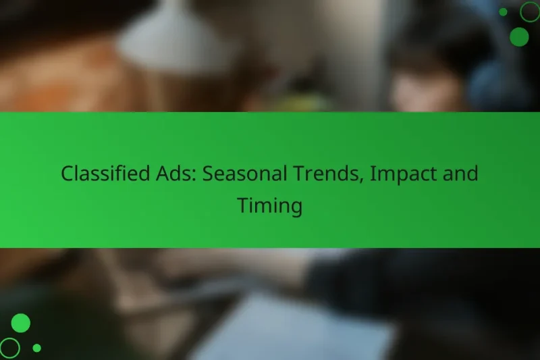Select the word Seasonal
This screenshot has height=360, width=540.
point(245,174)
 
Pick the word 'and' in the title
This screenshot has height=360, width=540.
point(462,174)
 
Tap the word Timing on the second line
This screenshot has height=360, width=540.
point(269,206)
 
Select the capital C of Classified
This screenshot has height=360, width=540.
point(67,174)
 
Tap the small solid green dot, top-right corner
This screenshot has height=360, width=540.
point(504,11)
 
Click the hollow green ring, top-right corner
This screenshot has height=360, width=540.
point(529,11)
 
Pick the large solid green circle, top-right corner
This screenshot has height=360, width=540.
point(519,36)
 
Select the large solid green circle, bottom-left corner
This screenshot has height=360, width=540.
point(21,323)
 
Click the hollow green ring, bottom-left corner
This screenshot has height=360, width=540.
point(9,348)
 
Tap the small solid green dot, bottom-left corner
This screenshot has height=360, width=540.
point(36,348)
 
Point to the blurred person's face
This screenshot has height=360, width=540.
point(418,88)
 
